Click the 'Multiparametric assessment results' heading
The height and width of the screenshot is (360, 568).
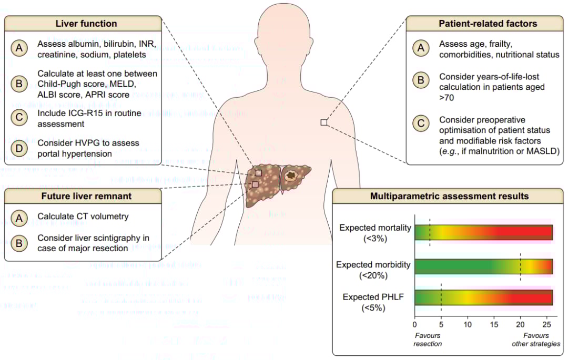pos(449,197)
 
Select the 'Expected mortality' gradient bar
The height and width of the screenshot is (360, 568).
pos(483,232)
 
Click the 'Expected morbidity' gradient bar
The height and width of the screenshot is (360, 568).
pos(483,267)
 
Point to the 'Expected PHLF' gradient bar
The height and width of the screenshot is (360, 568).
pos(483,297)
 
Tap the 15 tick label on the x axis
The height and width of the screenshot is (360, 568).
pos(494,325)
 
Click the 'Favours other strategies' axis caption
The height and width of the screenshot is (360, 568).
pos(536,340)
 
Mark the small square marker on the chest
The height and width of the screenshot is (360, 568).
pos(323,122)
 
